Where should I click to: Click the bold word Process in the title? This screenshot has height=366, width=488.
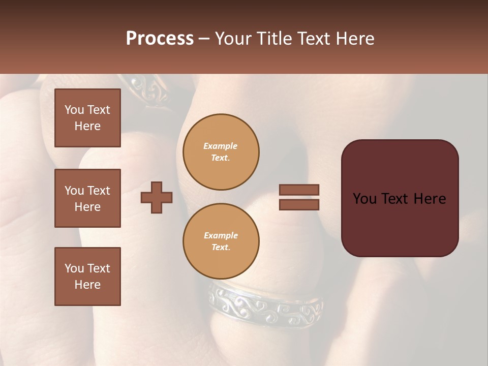tap(160, 39)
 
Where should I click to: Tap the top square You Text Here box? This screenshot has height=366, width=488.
tap(87, 118)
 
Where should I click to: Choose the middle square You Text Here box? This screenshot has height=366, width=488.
tap(87, 198)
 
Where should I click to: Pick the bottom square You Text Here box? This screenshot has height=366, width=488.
tap(87, 277)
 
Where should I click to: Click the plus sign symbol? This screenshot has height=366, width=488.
tap(157, 197)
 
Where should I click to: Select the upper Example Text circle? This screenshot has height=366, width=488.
tap(221, 152)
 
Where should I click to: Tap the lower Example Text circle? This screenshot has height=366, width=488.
tap(221, 241)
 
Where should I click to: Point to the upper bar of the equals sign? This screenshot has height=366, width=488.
tap(299, 190)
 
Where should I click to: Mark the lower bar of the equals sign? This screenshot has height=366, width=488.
tap(299, 204)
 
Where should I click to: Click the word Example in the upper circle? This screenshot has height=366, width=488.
tap(221, 146)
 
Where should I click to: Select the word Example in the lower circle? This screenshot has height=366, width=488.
tap(221, 235)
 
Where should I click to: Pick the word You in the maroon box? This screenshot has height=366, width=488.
tap(365, 199)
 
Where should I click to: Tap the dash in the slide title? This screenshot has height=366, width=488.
tap(204, 39)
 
